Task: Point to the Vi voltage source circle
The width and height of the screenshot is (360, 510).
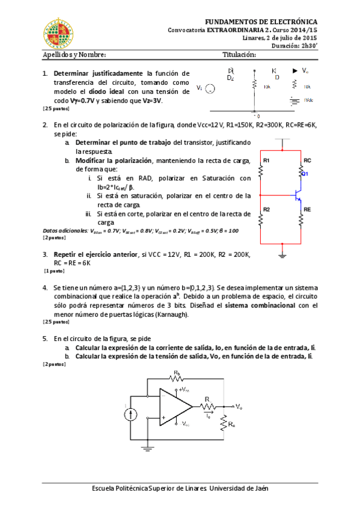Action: click(210, 89)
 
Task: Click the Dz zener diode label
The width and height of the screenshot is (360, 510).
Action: click(230, 78)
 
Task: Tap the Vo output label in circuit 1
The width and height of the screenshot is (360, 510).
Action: click(305, 70)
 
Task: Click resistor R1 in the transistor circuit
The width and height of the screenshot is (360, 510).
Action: click(261, 172)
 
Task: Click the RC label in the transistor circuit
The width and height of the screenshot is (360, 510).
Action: click(308, 161)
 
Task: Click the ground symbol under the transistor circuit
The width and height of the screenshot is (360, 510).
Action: click(282, 255)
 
